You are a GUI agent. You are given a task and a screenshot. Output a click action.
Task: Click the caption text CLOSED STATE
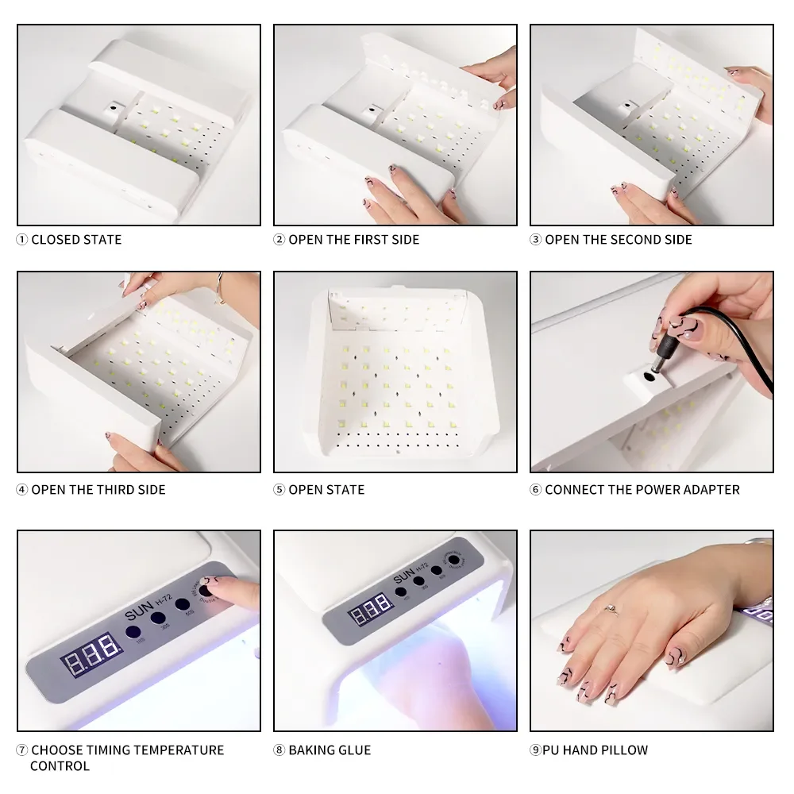[76, 240]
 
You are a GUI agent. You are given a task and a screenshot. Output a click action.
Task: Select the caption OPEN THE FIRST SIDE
[353, 240]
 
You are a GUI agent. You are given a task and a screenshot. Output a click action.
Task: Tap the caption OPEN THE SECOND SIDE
[619, 240]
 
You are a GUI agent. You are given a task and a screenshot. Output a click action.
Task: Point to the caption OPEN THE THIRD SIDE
[98, 490]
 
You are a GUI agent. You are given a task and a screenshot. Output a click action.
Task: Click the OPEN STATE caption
[326, 490]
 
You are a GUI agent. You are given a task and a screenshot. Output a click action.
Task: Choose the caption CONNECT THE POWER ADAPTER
[642, 490]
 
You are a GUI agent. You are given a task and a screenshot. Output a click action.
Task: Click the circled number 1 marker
[22, 240]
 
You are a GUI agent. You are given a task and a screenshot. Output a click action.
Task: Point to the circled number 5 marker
[279, 490]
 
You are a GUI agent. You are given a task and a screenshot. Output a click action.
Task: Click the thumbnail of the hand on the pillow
[651, 630]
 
